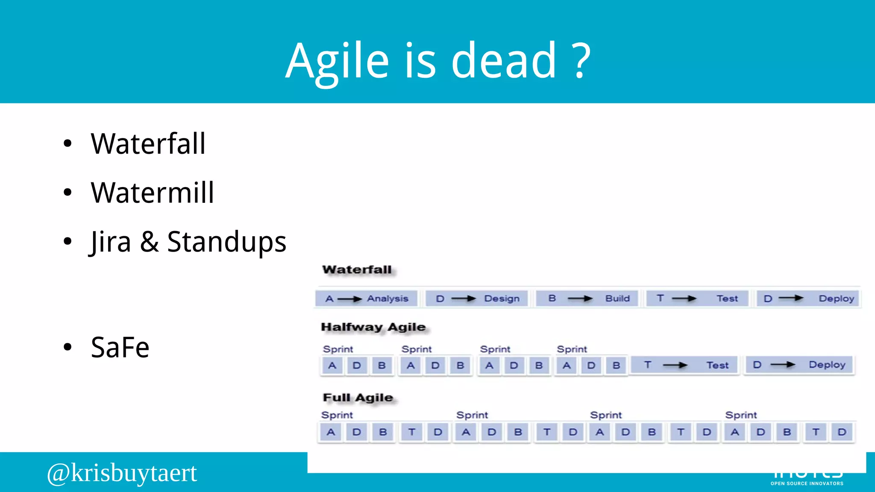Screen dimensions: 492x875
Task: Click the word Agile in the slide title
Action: (338, 61)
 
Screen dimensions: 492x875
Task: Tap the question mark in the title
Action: (581, 61)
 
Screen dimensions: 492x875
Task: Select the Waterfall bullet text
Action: (148, 143)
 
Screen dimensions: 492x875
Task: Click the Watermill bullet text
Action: (152, 193)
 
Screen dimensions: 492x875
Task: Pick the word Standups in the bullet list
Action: (226, 242)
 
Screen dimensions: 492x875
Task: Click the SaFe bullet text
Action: (120, 347)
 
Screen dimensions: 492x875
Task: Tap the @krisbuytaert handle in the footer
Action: (122, 473)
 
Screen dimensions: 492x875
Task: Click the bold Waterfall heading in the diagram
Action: (357, 269)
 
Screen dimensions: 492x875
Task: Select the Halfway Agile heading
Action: (373, 327)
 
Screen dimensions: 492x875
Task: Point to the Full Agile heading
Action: (358, 398)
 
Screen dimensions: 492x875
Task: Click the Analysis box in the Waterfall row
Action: (367, 299)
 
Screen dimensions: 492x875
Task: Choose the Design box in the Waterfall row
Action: (477, 299)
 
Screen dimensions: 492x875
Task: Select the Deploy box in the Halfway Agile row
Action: (799, 365)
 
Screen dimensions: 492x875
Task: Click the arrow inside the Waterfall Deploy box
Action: (791, 298)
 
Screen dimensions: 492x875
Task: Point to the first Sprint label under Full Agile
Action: (337, 415)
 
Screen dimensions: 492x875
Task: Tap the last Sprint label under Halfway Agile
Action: (572, 349)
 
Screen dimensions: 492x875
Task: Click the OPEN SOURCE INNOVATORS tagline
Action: (807, 483)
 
